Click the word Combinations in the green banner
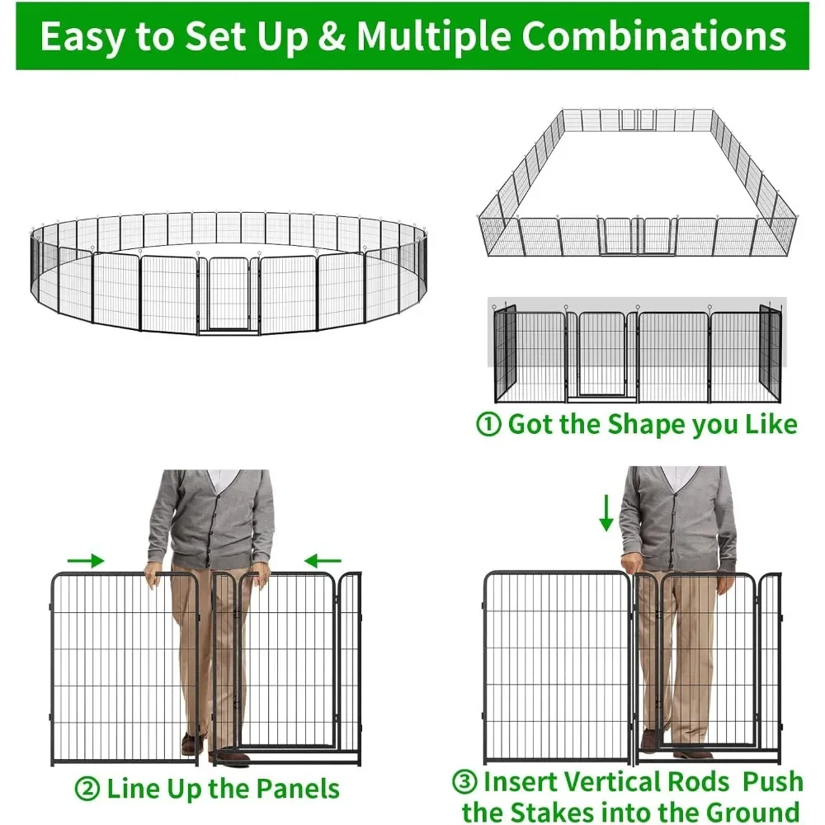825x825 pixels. [654, 38]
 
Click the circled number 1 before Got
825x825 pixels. [489, 425]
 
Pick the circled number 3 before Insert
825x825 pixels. [464, 781]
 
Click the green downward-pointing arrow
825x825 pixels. [606, 512]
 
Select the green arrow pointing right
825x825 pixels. [86, 561]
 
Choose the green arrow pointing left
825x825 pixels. [323, 562]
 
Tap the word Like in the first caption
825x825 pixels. [771, 425]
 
